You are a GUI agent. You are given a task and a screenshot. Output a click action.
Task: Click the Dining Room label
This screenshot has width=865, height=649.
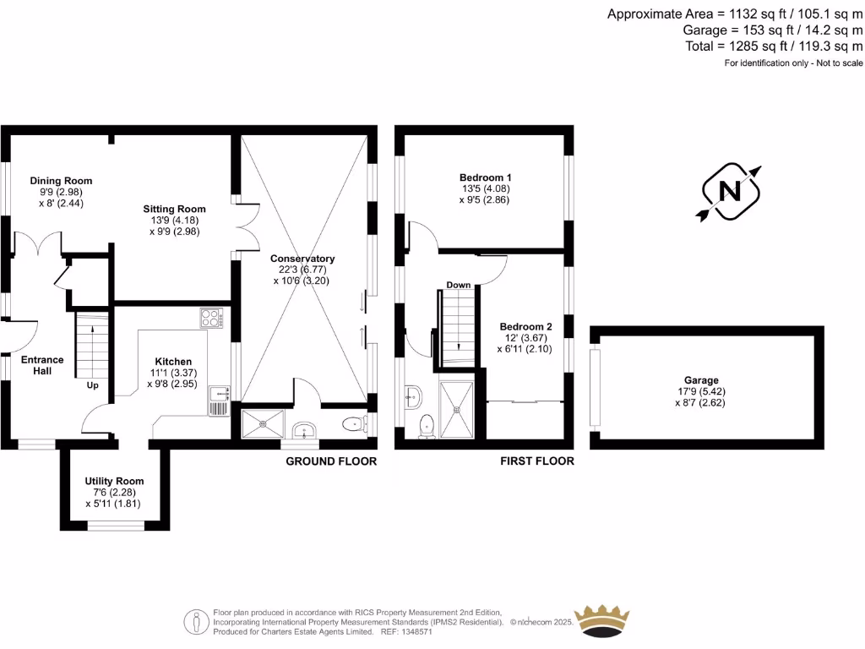(x=61, y=181)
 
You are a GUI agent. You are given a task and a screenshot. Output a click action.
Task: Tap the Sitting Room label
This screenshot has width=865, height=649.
(x=174, y=209)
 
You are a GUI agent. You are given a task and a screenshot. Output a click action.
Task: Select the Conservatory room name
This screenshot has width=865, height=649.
(x=302, y=259)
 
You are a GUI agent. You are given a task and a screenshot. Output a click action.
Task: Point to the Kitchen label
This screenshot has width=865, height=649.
(x=172, y=361)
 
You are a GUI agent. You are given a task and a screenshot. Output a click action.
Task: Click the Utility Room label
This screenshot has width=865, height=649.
(x=112, y=481)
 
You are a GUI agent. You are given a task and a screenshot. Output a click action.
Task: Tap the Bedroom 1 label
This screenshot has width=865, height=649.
(x=485, y=177)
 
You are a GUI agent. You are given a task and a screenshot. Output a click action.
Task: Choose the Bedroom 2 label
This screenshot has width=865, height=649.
(x=525, y=327)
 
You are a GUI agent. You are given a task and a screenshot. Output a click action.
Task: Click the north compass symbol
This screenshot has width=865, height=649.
(x=729, y=192)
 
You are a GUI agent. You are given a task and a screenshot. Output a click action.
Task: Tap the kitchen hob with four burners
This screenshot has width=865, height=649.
(x=211, y=319)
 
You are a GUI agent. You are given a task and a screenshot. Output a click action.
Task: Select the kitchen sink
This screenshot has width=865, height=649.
(x=218, y=393)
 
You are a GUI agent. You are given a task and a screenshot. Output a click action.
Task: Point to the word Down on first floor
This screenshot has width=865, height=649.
(x=459, y=285)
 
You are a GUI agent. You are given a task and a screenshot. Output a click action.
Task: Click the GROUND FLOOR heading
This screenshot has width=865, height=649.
(x=331, y=461)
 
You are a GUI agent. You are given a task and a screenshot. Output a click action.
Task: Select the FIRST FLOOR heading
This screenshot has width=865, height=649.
(x=536, y=461)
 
